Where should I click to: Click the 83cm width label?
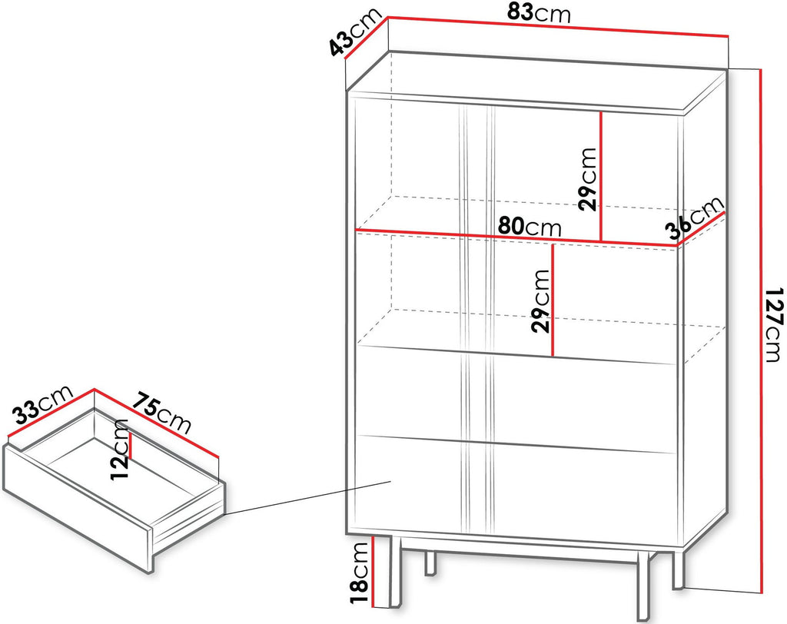[539, 12]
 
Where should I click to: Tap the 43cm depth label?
[354, 34]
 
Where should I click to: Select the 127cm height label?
[773, 324]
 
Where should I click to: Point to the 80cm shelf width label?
[529, 227]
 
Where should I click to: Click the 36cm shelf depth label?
[695, 218]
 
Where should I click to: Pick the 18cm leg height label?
[360, 573]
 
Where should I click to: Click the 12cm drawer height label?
[120, 450]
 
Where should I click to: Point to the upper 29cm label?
[586, 179]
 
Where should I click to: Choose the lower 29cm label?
[540, 301]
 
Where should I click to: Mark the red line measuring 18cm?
[373, 571]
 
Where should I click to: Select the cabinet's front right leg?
[643, 587]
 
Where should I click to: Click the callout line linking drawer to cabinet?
[308, 498]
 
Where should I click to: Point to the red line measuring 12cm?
[131, 445]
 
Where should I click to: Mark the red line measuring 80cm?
[516, 238]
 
